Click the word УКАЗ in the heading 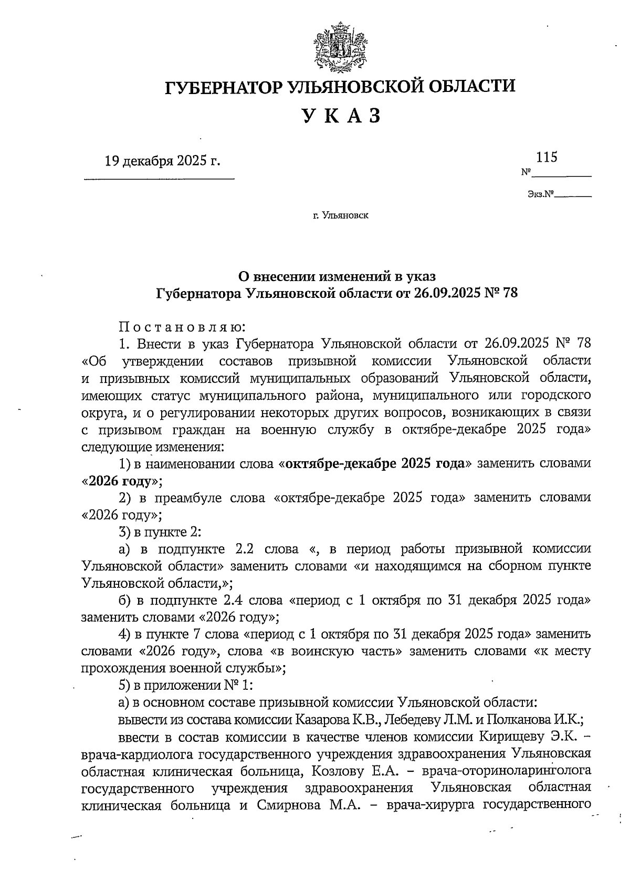coord(340,116)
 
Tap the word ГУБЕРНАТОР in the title coord(225,87)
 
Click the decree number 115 coord(546,157)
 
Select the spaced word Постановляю coord(182,327)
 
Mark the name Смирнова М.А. coord(293,805)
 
